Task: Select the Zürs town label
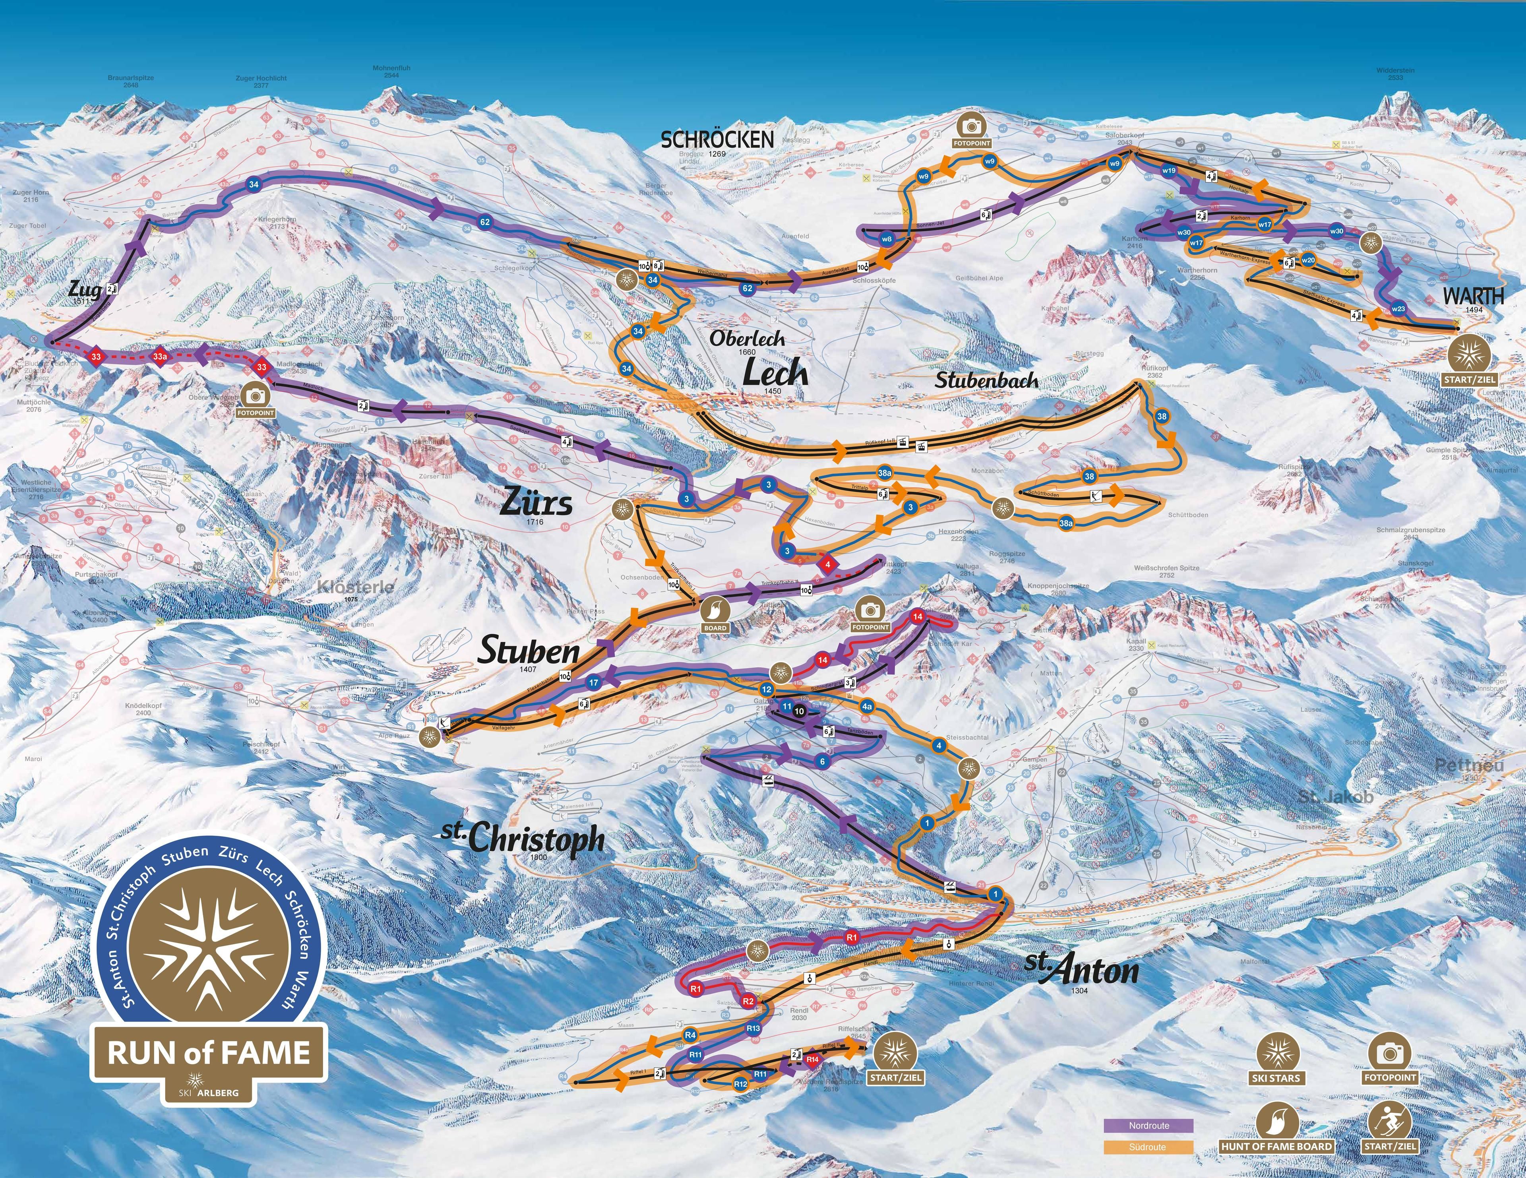(x=536, y=503)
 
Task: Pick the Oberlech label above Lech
(x=748, y=338)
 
